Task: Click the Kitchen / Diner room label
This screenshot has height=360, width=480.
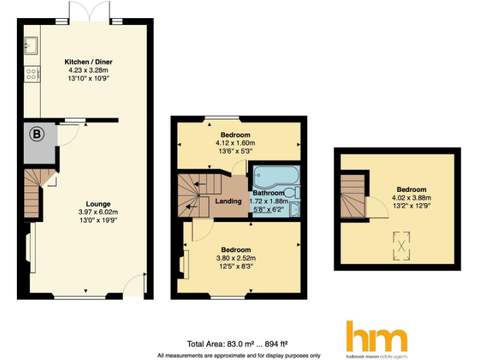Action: (x=88, y=62)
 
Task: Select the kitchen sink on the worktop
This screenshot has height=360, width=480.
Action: (x=31, y=44)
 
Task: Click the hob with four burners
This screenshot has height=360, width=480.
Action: (x=31, y=74)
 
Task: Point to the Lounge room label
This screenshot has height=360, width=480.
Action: (x=99, y=204)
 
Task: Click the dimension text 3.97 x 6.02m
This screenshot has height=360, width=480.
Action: (x=99, y=212)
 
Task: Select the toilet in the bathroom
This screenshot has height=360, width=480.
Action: (x=291, y=192)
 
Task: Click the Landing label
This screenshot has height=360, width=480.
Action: (x=228, y=201)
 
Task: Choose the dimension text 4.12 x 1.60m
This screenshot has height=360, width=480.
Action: (x=235, y=143)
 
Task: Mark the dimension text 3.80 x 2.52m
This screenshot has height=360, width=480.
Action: (x=236, y=257)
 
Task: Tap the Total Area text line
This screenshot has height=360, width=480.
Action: (x=237, y=343)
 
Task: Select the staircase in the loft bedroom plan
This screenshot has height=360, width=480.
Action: (x=352, y=194)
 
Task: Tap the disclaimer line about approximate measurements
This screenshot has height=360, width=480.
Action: (x=238, y=355)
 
